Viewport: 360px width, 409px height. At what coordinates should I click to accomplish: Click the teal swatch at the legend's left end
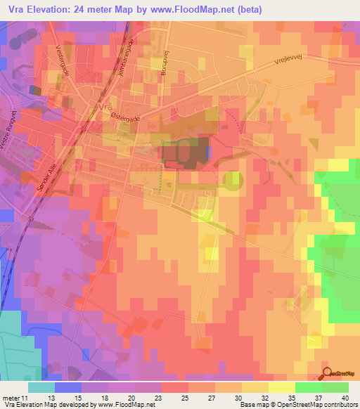click(x=41, y=387)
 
